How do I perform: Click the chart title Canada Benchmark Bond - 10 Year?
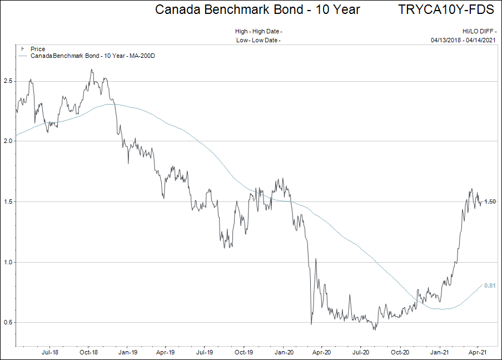(x=257, y=9)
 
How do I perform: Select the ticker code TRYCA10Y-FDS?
(x=446, y=9)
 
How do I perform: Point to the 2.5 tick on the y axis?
(x=8, y=81)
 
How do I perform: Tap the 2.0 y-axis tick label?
(x=8, y=141)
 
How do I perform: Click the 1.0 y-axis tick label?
(x=8, y=262)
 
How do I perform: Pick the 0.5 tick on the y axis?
(x=8, y=322)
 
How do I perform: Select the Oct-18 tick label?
(x=89, y=352)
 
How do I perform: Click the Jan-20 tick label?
(x=284, y=352)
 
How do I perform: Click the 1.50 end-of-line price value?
(x=490, y=201)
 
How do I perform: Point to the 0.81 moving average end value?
(x=490, y=285)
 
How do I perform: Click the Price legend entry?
(x=38, y=50)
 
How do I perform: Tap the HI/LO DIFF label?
(x=479, y=32)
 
